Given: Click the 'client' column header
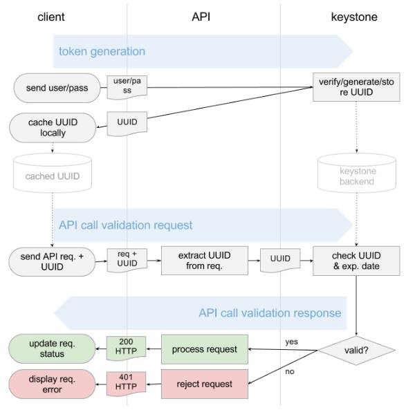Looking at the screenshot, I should pyautogui.click(x=50, y=17).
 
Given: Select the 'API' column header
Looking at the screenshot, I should pyautogui.click(x=201, y=17).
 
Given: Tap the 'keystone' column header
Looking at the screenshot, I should pyautogui.click(x=354, y=17).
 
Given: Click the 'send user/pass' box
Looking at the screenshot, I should pyautogui.click(x=51, y=88).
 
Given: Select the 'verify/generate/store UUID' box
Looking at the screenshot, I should pyautogui.click(x=356, y=87).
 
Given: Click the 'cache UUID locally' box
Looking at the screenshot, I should pyautogui.click(x=52, y=127).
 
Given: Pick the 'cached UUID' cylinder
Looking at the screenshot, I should pyautogui.click(x=51, y=175).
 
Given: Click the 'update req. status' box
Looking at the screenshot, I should pyautogui.click(x=52, y=348).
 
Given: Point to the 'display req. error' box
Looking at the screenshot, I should pyautogui.click(x=52, y=384).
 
